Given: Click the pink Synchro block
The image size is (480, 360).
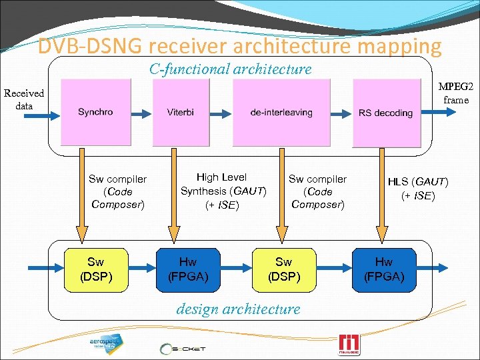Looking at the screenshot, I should tap(95, 111).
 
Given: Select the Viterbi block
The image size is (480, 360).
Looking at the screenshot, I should tap(181, 111).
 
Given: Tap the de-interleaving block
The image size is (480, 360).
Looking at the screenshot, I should tap(281, 111).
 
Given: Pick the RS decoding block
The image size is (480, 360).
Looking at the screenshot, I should tap(385, 111).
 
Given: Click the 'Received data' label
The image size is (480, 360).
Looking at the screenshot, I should tap(23, 99).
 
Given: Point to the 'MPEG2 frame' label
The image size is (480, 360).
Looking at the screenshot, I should tap(455, 93).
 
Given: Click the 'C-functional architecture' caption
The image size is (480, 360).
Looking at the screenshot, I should tap(230, 69).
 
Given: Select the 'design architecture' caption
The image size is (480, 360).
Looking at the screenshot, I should tap(238, 309).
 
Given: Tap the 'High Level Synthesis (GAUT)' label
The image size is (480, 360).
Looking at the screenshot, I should tap(223, 191).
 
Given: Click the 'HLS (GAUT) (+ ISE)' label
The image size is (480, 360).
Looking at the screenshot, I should tap(418, 188).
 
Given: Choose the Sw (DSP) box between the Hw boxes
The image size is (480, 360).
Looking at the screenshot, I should tap(283, 269).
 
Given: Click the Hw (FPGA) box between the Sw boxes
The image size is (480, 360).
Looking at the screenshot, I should tap(187, 269).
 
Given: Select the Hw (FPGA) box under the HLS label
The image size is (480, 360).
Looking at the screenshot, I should tap(383, 269).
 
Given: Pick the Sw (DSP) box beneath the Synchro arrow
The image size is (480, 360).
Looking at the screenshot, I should tap(95, 269).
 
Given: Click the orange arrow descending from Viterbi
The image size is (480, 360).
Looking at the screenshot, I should tap(173, 200).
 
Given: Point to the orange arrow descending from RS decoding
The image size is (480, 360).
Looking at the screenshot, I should tap(382, 200).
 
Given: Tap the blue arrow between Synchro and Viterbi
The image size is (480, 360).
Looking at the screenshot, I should tap(140, 111).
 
